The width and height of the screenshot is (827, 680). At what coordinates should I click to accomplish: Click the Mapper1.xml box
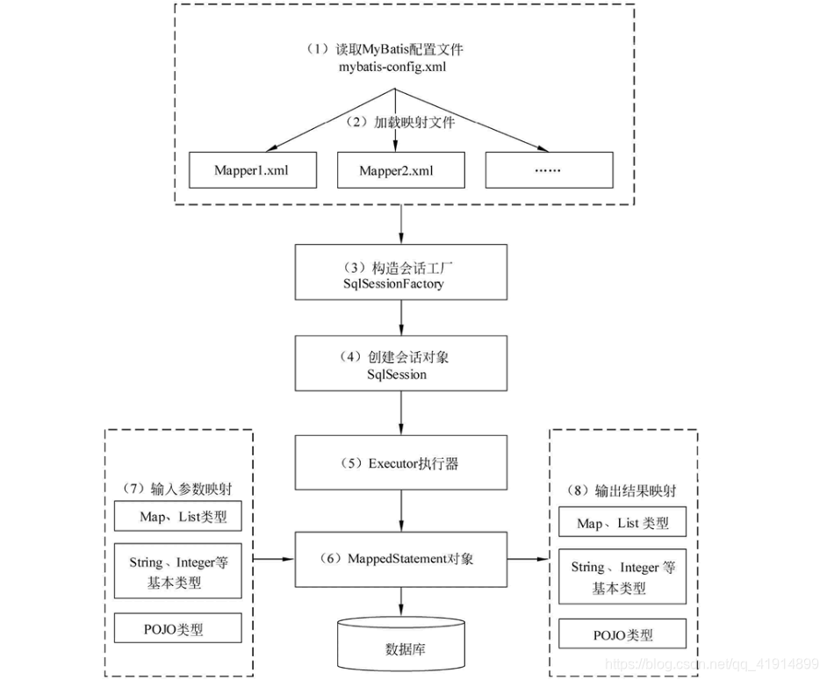tap(251, 170)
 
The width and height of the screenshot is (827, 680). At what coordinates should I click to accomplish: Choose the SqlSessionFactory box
tap(402, 273)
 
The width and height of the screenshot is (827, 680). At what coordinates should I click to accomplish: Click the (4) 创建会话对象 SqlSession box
tap(402, 362)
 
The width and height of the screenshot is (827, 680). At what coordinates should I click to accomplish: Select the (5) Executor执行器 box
tap(402, 464)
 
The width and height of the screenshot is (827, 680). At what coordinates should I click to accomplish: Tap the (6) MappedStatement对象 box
tap(402, 559)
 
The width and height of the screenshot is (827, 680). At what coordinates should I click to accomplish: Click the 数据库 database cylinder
tap(402, 646)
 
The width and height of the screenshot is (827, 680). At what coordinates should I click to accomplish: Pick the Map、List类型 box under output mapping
tap(622, 523)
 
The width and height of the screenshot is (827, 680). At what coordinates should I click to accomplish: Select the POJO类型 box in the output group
tap(622, 634)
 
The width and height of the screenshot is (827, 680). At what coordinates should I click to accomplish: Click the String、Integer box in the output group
tap(622, 577)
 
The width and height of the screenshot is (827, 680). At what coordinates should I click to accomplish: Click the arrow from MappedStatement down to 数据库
tap(402, 601)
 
